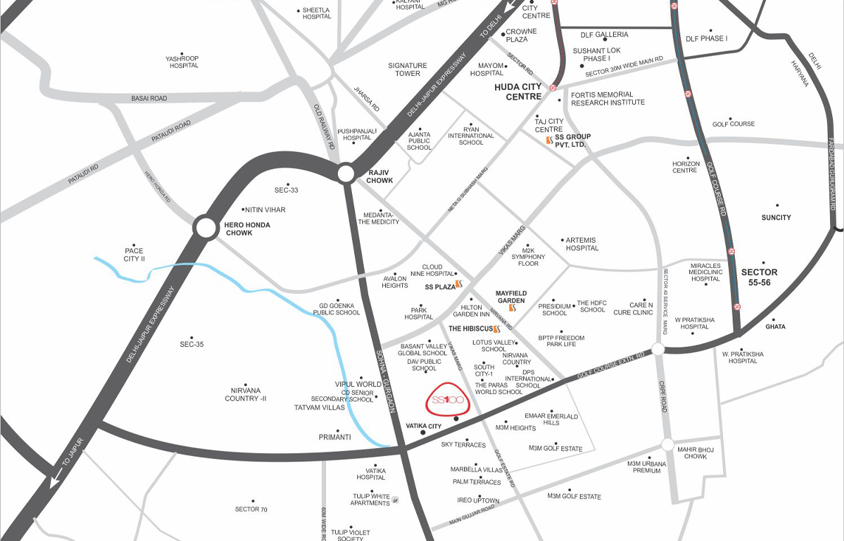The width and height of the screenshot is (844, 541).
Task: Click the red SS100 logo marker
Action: [x=446, y=400]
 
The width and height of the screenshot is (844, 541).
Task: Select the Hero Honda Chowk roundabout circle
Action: [x=206, y=227]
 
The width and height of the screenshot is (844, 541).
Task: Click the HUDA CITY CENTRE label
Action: [x=517, y=92]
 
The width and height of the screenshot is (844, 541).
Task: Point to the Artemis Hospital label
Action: [x=581, y=244]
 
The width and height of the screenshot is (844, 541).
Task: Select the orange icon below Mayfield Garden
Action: [x=512, y=309]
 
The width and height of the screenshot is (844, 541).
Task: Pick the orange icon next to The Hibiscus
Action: [x=497, y=329]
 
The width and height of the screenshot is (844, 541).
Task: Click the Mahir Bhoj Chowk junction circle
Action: [x=668, y=444]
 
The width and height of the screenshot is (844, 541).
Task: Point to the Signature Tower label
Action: [x=407, y=69]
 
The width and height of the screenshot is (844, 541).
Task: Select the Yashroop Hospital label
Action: [x=183, y=62]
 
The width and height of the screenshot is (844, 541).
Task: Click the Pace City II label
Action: [x=134, y=255]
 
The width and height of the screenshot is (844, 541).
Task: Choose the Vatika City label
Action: [x=423, y=427]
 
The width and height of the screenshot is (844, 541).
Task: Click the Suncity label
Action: [x=775, y=217]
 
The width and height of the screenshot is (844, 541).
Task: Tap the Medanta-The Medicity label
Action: [x=378, y=218]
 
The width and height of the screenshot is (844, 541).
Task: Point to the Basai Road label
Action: [x=149, y=98]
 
